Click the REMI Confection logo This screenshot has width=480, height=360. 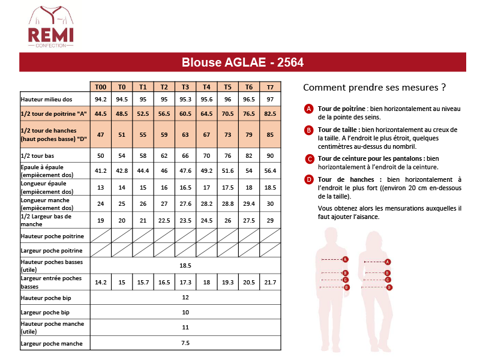click(x=51, y=28)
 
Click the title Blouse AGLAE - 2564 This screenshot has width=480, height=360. click(x=242, y=62)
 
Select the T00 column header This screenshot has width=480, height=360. click(x=100, y=86)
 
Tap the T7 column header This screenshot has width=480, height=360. click(x=270, y=86)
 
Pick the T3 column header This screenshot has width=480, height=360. click(x=185, y=86)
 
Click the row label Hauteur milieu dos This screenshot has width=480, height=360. click(x=47, y=99)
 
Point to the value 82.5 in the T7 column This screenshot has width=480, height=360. click(x=270, y=113)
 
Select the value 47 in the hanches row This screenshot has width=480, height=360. click(x=100, y=134)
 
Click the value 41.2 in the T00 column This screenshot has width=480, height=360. click(x=100, y=171)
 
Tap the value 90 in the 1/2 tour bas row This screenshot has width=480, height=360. click(x=270, y=155)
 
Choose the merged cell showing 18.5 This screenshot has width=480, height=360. click(x=185, y=265)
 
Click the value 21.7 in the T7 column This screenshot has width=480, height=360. click(x=270, y=282)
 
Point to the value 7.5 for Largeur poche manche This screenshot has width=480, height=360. click(x=185, y=343)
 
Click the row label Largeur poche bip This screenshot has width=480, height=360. click(x=45, y=313)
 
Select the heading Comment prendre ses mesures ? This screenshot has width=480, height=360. click(x=374, y=87)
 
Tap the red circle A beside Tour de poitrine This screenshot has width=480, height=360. click(x=309, y=109)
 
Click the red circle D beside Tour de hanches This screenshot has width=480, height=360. click(x=309, y=179)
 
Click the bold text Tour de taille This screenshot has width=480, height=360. click(x=338, y=129)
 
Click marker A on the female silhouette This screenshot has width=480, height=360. click(x=388, y=262)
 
